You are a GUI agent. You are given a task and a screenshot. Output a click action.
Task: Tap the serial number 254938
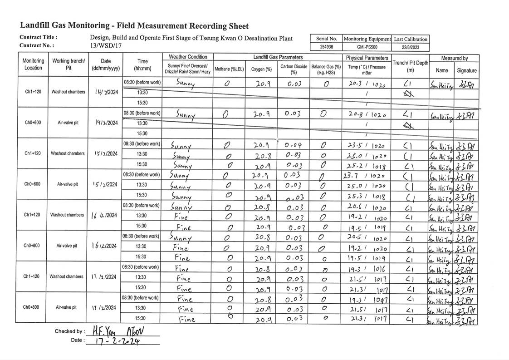click(326, 47)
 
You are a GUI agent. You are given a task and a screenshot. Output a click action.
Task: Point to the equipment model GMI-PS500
click(367, 47)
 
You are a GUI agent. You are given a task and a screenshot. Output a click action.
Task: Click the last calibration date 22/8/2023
click(410, 47)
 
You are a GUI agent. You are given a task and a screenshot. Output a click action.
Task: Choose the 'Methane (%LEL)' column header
click(229, 69)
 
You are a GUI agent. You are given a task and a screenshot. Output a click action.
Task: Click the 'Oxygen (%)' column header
click(261, 69)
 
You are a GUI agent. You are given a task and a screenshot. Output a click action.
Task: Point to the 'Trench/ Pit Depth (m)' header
click(410, 66)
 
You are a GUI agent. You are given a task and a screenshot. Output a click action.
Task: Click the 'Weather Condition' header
click(188, 57)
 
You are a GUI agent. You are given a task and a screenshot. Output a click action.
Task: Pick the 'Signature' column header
click(466, 70)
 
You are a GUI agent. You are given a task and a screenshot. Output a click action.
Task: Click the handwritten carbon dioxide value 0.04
click(293, 145)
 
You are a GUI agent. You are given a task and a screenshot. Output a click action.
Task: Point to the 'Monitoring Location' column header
click(33, 64)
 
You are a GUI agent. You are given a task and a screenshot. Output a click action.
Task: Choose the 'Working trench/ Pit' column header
click(69, 64)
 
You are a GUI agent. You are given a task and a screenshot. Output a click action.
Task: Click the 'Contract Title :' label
click(39, 37)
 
